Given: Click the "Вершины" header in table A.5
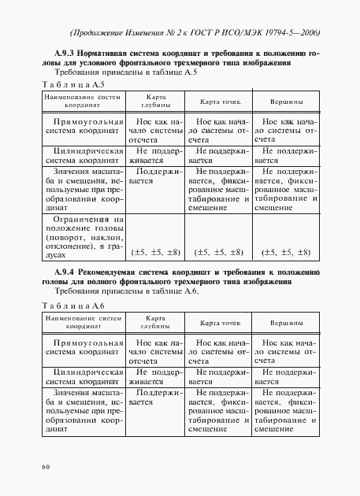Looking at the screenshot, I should (287, 103).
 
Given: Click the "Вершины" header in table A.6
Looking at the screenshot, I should (287, 324).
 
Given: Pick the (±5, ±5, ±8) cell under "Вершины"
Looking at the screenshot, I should (287, 253).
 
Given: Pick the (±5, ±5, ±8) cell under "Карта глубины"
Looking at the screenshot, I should (155, 253).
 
